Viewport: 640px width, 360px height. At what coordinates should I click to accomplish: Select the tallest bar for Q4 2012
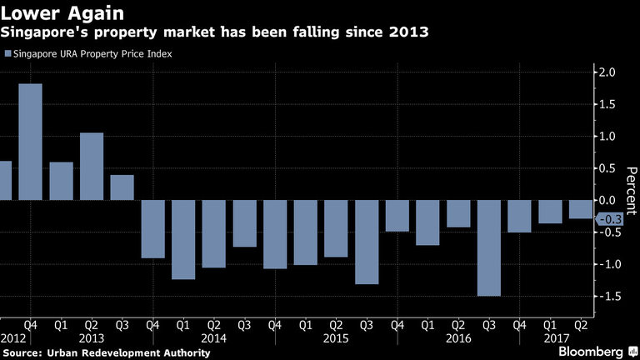[x=30, y=142]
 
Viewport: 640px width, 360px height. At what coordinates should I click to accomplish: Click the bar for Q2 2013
[x=92, y=167]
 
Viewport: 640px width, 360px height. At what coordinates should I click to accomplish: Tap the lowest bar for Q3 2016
[x=489, y=248]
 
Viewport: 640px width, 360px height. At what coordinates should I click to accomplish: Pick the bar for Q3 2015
[x=367, y=242]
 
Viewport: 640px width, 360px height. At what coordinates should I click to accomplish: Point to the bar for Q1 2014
[x=183, y=240]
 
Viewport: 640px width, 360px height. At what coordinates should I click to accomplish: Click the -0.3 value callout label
[x=611, y=218]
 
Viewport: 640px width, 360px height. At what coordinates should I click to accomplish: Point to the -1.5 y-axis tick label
[x=608, y=297]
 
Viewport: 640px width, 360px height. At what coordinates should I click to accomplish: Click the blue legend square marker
[x=7, y=54]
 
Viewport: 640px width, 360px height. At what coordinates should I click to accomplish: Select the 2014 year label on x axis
[x=213, y=340]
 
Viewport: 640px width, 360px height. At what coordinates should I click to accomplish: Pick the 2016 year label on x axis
[x=458, y=340]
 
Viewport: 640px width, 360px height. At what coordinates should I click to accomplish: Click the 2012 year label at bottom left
[x=14, y=340]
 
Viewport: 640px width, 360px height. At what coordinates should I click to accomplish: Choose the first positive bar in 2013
[x=61, y=181]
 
